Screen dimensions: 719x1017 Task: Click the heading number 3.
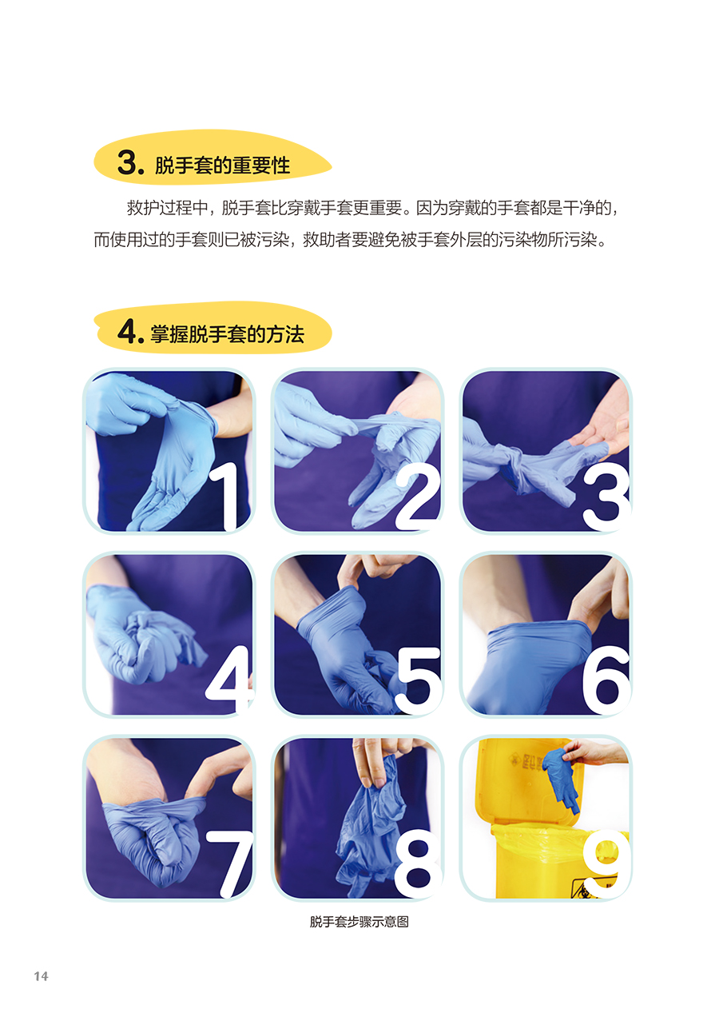click(128, 162)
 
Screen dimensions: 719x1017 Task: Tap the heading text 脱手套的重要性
click(222, 165)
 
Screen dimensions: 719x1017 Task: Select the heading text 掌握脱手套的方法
click(227, 335)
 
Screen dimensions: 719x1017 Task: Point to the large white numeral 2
click(416, 498)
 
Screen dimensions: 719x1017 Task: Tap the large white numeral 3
click(606, 499)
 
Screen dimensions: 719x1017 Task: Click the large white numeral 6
click(606, 680)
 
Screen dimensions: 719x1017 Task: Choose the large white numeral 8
click(418, 863)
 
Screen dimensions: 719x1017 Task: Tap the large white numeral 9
click(606, 863)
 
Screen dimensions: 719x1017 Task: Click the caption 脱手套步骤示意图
click(359, 922)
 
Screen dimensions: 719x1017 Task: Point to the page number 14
click(41, 976)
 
